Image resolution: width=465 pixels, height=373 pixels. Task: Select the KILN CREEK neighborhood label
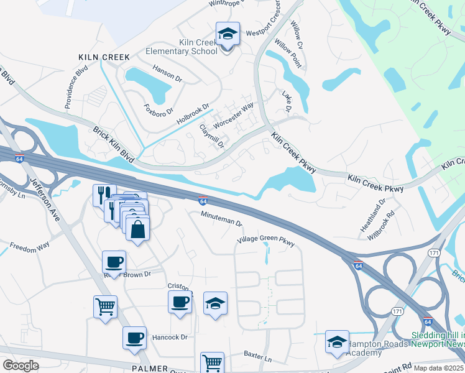pyautogui.click(x=104, y=57)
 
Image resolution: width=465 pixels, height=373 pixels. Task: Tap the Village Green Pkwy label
pyautogui.click(x=265, y=240)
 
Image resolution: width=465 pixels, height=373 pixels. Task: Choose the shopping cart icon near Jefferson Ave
pyautogui.click(x=105, y=305)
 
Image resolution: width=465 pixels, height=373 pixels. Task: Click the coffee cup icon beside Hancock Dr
pyautogui.click(x=134, y=338)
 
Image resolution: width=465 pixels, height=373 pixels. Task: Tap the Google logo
pyautogui.click(x=21, y=365)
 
